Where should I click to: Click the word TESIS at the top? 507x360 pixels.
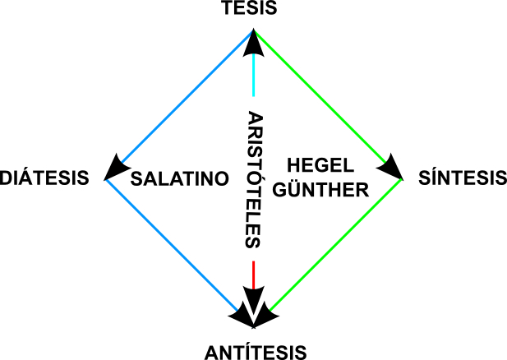(253, 10)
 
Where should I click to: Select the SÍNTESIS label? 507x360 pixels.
(461, 178)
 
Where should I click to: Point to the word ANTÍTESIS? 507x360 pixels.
(255, 352)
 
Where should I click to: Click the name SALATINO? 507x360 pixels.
(179, 178)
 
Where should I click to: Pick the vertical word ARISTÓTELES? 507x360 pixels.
(254, 179)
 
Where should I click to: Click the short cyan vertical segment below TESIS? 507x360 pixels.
(254, 78)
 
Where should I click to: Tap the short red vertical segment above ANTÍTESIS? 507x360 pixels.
(254, 273)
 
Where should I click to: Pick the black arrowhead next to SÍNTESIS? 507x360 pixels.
(393, 168)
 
